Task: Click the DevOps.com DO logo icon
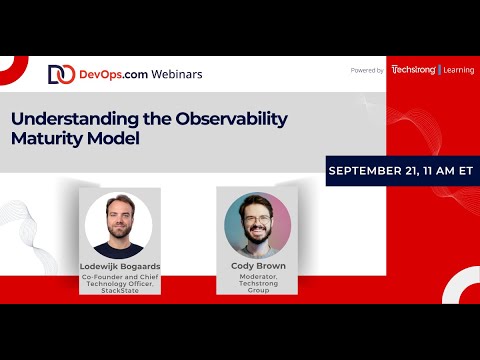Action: point(61,74)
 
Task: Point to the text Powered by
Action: point(367,71)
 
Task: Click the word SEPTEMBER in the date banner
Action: point(369,171)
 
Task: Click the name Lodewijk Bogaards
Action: point(118,267)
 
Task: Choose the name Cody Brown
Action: point(257,267)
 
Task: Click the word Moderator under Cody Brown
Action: point(257,278)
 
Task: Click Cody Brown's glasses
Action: point(257,218)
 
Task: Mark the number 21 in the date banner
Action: point(417,171)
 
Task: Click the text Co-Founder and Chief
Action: point(118,278)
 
